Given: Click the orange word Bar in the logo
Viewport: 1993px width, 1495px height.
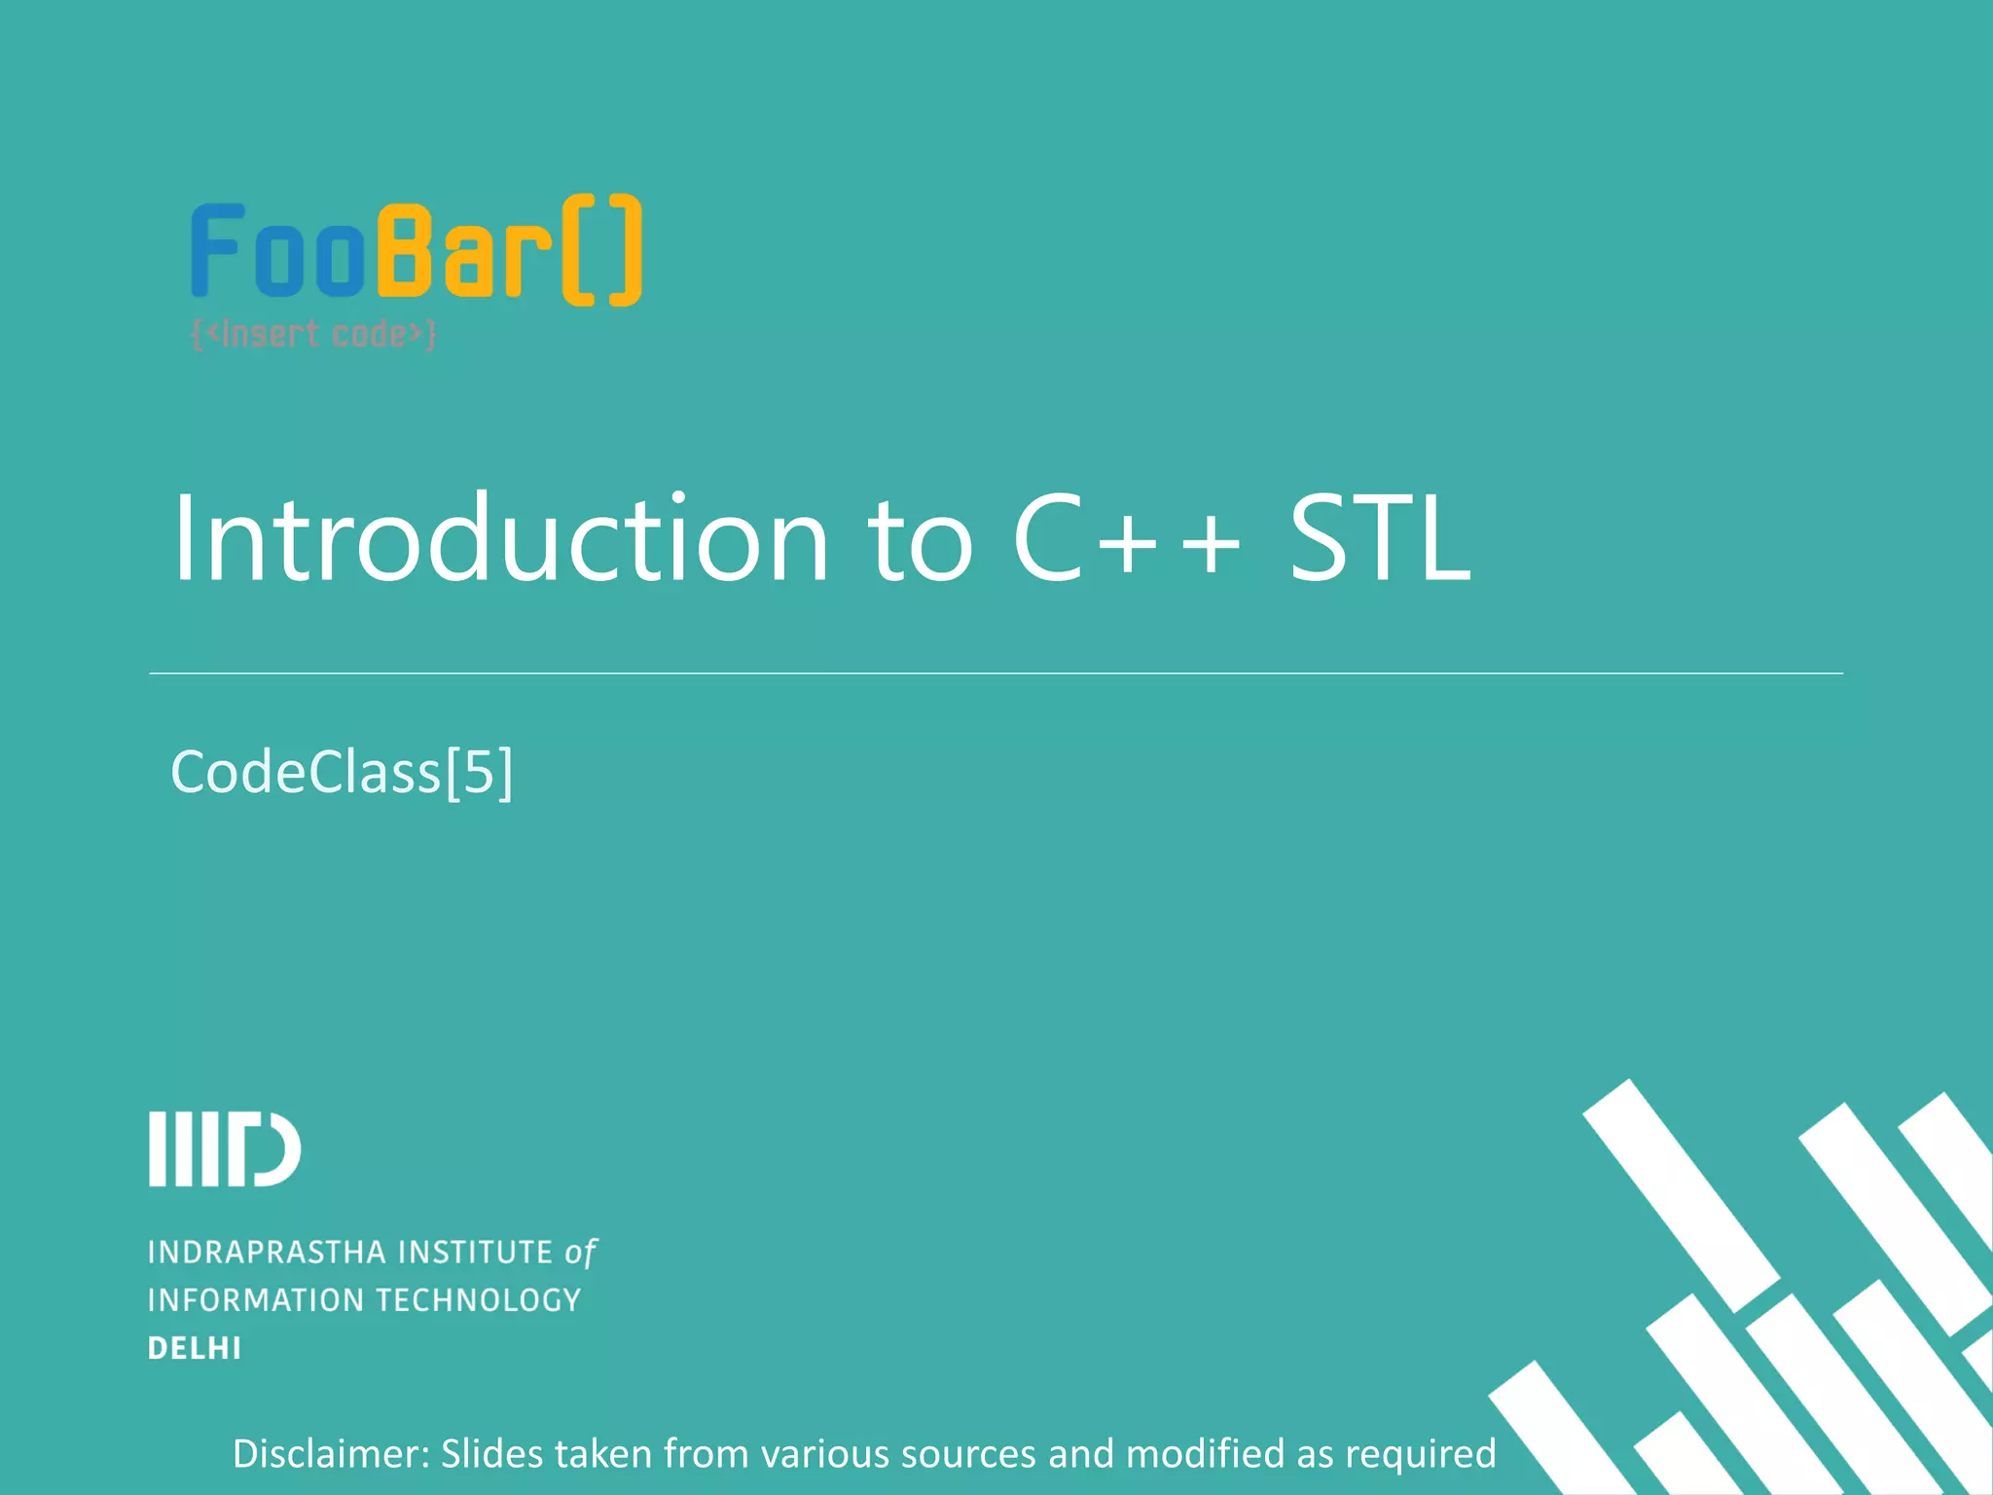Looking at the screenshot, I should pos(462,251).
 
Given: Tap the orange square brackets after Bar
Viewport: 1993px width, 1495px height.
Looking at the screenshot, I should pos(602,250).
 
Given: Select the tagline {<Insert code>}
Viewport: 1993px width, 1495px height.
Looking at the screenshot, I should pos(314,335).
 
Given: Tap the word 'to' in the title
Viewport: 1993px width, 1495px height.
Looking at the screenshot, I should pos(920,541).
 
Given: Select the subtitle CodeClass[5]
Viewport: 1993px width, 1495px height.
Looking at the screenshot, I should pos(342,773).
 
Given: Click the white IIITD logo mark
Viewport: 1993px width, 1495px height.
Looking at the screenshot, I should pos(225,1149).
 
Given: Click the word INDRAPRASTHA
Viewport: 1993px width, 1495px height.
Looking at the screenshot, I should pos(267,1253).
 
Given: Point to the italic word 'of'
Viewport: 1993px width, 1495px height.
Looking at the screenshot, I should pos(580,1253).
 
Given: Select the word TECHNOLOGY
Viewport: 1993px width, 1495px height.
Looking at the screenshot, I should pos(479,1300).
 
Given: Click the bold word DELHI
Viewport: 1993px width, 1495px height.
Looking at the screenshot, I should pos(195,1349).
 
